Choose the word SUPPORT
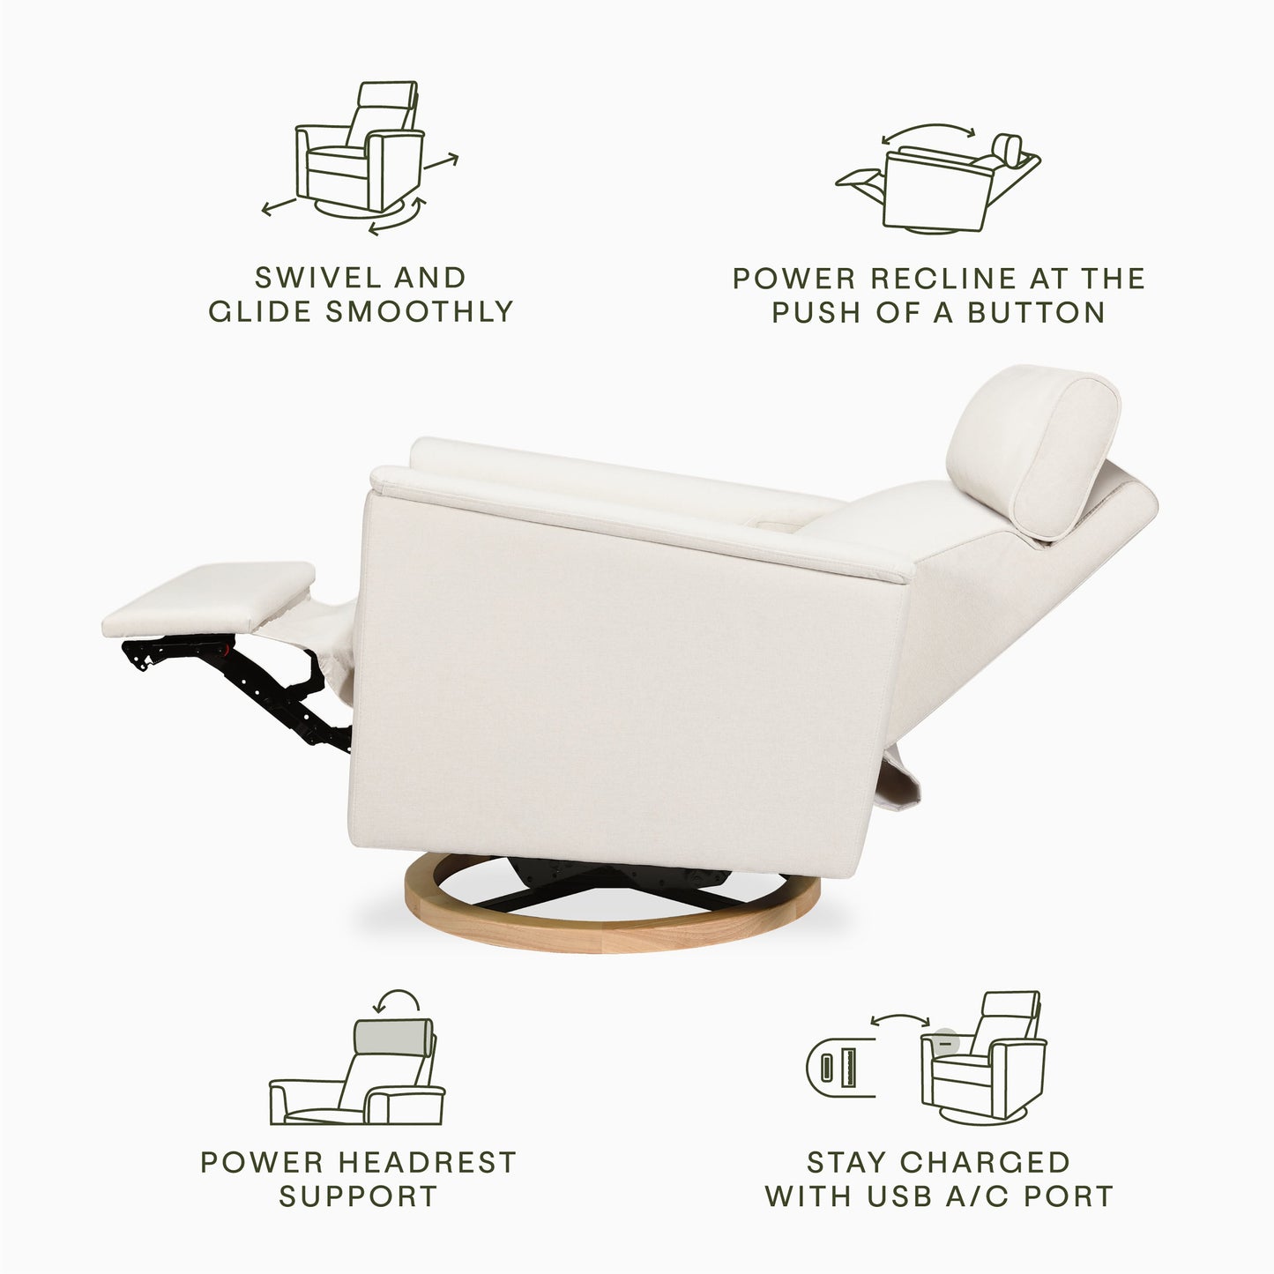click(x=358, y=1196)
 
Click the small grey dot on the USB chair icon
click(x=945, y=1041)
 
